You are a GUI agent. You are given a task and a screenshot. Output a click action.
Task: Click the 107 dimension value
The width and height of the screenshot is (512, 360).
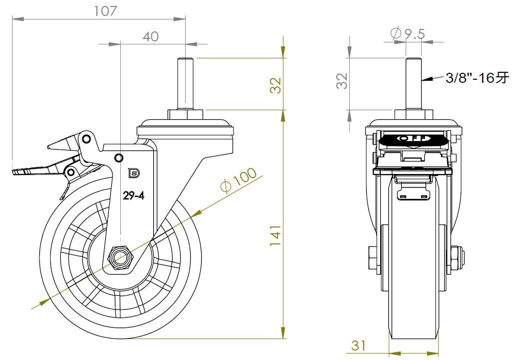[x=105, y=11]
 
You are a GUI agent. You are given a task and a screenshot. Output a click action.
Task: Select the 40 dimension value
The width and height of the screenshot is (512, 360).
[x=151, y=36]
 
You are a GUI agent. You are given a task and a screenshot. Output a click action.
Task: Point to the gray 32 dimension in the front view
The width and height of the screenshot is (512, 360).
[x=342, y=81]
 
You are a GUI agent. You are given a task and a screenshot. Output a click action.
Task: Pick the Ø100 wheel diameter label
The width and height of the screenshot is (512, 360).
[x=239, y=179]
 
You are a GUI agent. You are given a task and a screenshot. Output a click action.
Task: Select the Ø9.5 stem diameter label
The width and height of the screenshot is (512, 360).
[x=407, y=34]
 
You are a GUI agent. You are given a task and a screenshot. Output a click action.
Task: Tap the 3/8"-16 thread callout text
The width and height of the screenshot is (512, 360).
[x=477, y=78]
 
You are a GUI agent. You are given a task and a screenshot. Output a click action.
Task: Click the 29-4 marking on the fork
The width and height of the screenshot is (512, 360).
[x=134, y=196]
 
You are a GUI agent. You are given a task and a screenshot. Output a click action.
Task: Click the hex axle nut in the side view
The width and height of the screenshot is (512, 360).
[x=120, y=257]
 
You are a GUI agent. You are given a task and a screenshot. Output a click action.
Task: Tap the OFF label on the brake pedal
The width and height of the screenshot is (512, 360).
[x=413, y=138]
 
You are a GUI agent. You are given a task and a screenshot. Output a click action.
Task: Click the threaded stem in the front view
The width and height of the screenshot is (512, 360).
[x=413, y=83]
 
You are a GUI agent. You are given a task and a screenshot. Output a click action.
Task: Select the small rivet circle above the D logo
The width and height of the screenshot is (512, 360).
[x=119, y=158]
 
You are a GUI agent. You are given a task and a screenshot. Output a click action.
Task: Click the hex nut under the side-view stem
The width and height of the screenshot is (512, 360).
[x=185, y=115]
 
